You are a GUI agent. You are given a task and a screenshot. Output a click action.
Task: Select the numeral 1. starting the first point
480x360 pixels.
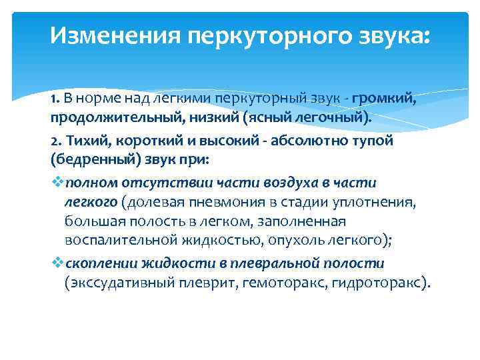coord(55,100)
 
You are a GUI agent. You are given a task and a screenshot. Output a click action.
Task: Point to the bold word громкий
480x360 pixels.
coord(385,100)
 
